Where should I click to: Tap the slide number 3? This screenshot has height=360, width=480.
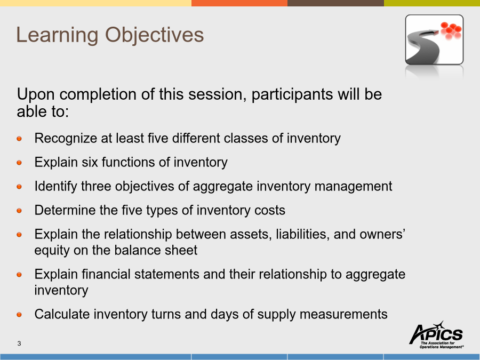pos(19,343)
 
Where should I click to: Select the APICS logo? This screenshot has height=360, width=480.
pos(436,334)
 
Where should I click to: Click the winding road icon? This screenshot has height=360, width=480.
pos(434,39)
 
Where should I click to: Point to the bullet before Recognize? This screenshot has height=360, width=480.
pos(19,139)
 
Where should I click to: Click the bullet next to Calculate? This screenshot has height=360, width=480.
pos(19,315)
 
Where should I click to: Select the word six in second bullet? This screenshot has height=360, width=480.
pos(90,162)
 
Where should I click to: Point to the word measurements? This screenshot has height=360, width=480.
pos(343,314)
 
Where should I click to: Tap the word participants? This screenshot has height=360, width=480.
pos(292,95)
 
